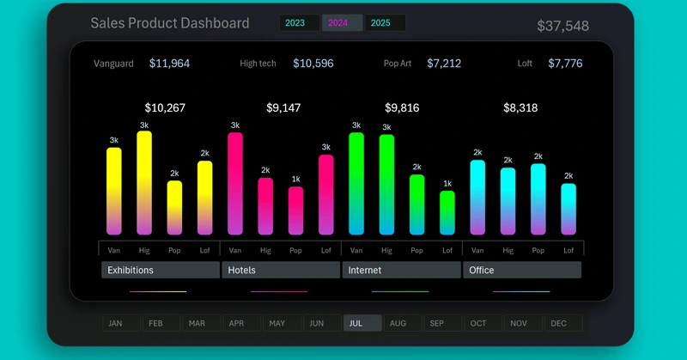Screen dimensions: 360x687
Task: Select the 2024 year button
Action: [341, 23]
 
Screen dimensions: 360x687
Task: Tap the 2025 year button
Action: [384, 23]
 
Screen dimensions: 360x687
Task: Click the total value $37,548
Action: [562, 26]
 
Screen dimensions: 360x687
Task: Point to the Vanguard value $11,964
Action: [169, 64]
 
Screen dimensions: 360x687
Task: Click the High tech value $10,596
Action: [313, 64]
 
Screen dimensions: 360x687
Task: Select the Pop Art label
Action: [398, 64]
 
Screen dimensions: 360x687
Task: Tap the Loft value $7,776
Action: [565, 64]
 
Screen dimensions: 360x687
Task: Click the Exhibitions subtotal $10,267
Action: [165, 108]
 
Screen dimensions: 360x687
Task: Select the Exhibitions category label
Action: [161, 270]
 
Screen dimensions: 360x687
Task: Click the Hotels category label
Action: [281, 270]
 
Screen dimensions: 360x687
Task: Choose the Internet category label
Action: [402, 270]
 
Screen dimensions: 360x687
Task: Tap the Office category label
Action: [522, 270]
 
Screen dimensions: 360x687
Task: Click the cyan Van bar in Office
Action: [477, 198]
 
